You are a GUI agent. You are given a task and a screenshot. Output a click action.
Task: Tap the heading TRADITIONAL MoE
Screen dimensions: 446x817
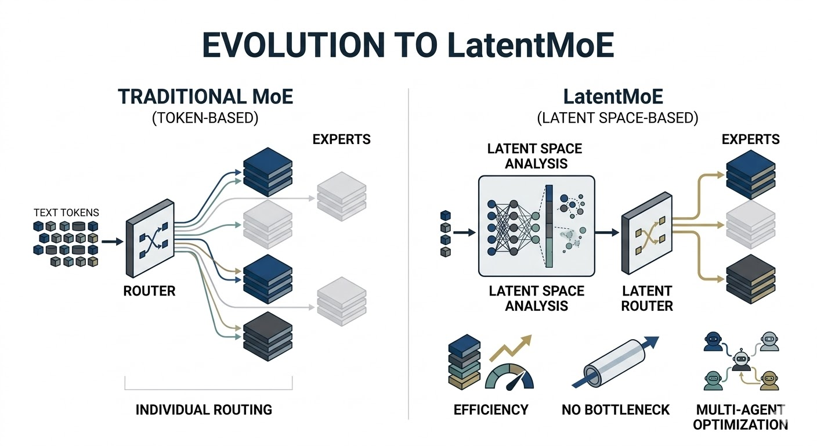pyautogui.click(x=205, y=96)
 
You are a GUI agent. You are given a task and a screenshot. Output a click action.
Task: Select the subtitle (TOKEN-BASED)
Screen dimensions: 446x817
pyautogui.click(x=205, y=118)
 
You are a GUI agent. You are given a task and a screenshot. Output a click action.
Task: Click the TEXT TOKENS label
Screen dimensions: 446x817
pyautogui.click(x=66, y=213)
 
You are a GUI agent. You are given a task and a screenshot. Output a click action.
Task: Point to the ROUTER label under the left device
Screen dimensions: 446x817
pyautogui.click(x=150, y=291)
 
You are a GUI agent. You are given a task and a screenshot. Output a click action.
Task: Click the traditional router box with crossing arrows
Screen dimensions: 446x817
pyautogui.click(x=150, y=238)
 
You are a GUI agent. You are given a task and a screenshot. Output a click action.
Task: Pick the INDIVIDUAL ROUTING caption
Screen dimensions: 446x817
pyautogui.click(x=204, y=409)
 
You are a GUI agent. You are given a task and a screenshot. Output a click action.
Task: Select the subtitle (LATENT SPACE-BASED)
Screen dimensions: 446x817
pyautogui.click(x=617, y=118)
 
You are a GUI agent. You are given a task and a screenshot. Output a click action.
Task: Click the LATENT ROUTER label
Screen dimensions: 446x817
pyautogui.click(x=647, y=298)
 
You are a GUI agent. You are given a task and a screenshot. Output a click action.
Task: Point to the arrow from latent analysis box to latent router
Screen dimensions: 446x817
pyautogui.click(x=607, y=233)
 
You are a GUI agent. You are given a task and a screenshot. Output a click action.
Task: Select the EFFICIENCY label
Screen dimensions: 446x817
pyautogui.click(x=491, y=410)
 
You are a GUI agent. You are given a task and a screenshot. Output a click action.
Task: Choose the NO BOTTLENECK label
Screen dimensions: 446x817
pyautogui.click(x=616, y=410)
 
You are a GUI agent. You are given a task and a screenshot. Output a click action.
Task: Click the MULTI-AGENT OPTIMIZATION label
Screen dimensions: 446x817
pyautogui.click(x=739, y=417)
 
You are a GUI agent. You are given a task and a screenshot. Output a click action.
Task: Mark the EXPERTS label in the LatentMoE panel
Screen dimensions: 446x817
pyautogui.click(x=751, y=139)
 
